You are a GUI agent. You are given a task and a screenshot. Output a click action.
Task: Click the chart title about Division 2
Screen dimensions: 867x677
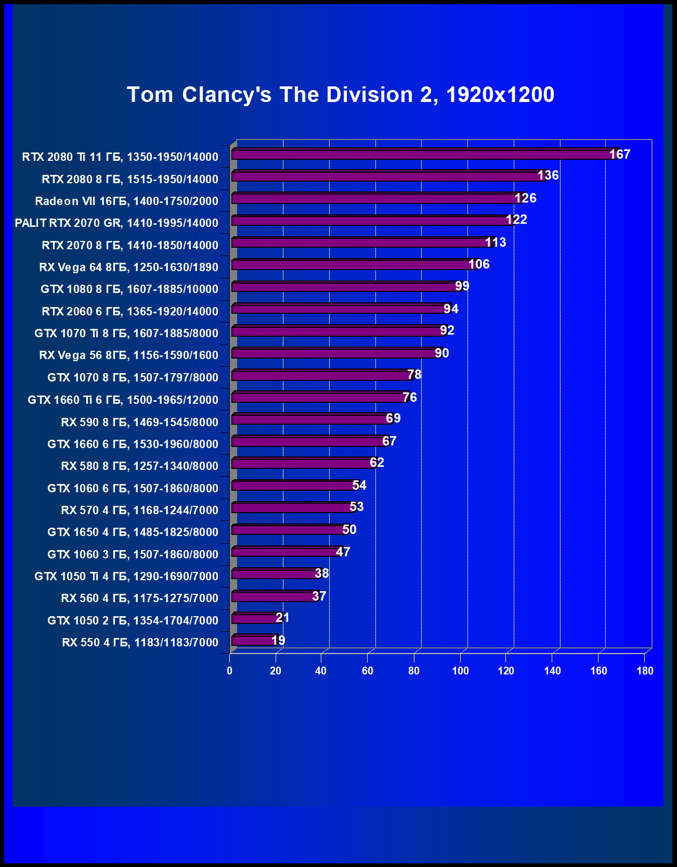coord(341,95)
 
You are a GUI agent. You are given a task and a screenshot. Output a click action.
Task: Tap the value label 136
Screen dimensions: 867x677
coord(548,175)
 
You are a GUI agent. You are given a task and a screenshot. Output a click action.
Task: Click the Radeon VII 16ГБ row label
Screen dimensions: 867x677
coord(126,201)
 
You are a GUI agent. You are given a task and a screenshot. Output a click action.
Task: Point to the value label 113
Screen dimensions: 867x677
coord(496,243)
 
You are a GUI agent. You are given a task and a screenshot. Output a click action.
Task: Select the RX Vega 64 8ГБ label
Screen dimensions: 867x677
coord(128,267)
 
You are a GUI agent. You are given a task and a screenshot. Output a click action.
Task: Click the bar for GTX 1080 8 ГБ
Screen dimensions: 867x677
coord(346,287)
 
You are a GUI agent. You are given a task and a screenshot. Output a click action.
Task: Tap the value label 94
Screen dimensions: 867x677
coord(451,309)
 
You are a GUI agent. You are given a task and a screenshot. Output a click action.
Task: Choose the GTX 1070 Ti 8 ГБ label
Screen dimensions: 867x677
coord(126,333)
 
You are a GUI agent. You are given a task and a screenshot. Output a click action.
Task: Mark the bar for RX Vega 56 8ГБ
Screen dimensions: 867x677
coord(335,353)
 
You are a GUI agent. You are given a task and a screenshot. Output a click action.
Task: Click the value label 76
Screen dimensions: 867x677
coord(410,398)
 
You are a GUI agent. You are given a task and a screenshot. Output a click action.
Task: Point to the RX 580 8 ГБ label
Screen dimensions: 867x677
coord(139,466)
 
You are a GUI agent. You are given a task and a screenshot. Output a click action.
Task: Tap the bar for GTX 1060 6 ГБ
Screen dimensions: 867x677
coord(294,486)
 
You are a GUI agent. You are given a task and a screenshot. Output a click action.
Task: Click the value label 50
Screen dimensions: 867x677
coord(349,530)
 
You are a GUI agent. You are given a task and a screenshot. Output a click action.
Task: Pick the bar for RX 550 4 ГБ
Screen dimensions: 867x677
coord(253,641)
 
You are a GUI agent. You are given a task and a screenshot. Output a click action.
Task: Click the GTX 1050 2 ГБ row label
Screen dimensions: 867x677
coord(133,620)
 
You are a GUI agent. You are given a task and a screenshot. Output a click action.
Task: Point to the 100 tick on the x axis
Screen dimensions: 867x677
coord(460,671)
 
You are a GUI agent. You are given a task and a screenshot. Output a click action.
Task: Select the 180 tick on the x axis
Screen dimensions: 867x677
coord(645,671)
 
